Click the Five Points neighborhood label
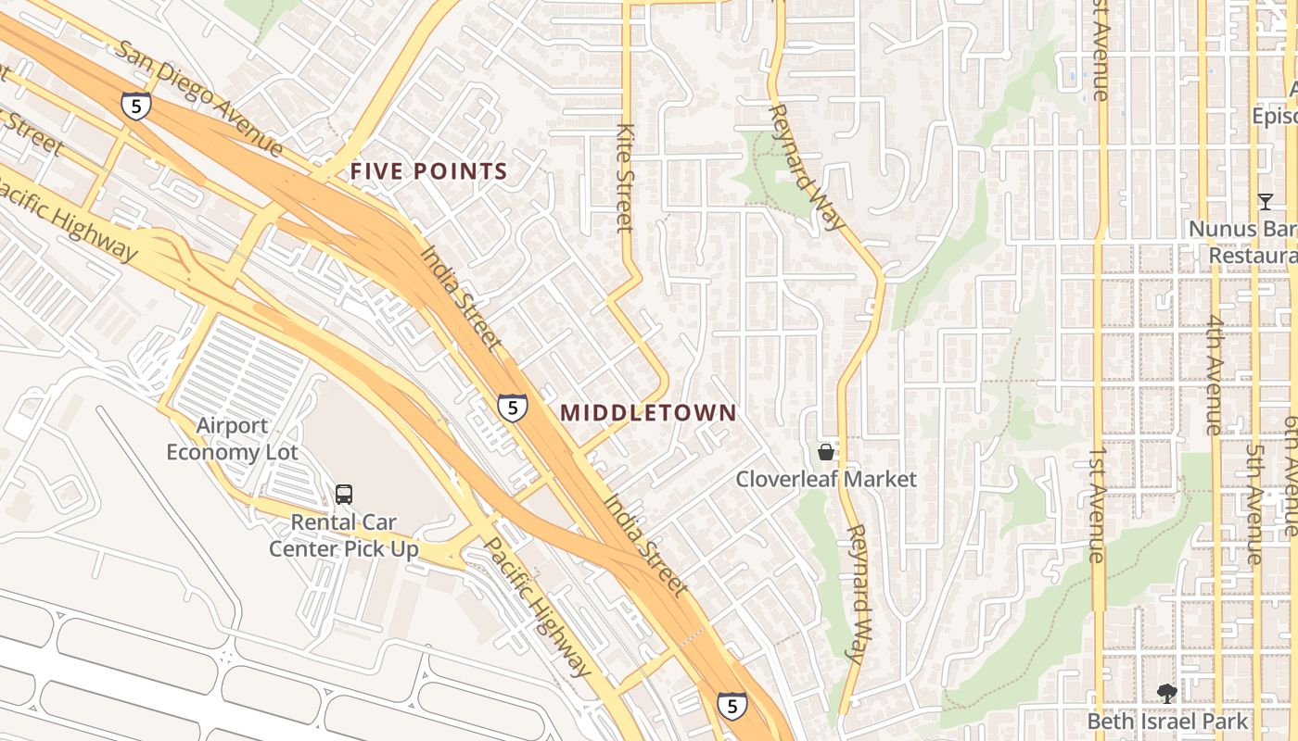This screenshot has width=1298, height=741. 428,171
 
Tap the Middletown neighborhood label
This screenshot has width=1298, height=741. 648,413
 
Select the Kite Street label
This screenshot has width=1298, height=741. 625,177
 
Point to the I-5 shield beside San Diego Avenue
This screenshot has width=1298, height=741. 136,106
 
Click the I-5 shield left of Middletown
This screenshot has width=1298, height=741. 512,408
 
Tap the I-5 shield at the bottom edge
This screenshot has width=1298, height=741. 732,707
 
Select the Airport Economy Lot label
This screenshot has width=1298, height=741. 232,439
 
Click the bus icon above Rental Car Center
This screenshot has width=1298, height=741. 344,495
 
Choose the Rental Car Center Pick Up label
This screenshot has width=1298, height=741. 344,535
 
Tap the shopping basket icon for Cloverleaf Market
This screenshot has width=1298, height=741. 825,452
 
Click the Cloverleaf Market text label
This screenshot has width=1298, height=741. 826,479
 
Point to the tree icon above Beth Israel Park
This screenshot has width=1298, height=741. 1167,693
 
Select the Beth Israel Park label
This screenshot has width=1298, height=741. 1167,721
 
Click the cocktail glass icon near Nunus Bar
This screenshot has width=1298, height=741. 1265,201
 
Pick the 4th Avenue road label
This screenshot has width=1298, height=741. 1215,374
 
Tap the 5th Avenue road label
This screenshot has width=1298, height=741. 1254,504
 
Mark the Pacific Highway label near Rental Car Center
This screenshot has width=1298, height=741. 538,607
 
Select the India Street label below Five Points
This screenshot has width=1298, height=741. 461,298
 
